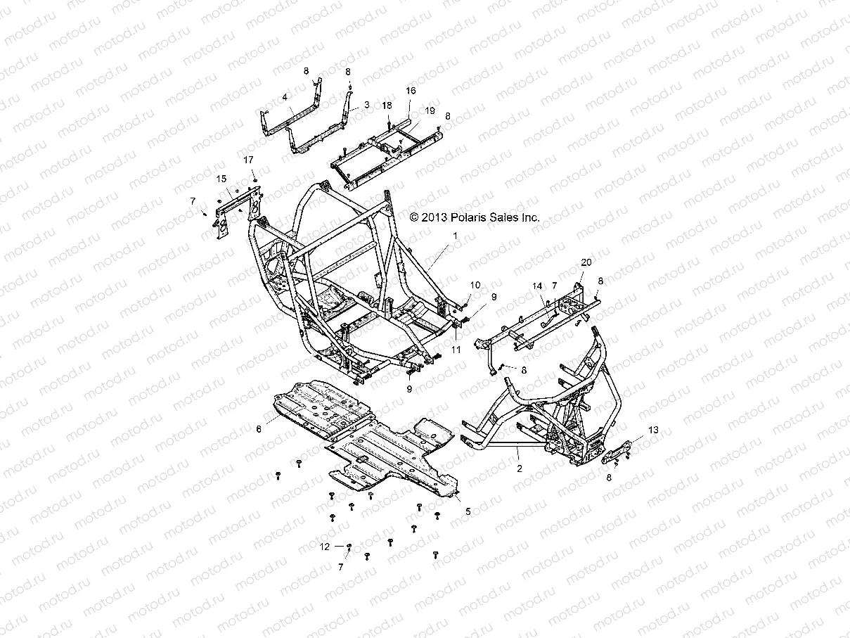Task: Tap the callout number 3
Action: [366, 104]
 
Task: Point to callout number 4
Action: [285, 98]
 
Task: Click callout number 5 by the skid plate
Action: [468, 511]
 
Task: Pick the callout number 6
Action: [258, 428]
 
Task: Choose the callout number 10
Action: [475, 285]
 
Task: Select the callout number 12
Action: [324, 546]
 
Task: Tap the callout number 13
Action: [654, 429]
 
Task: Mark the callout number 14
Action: [537, 286]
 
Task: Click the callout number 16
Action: [411, 91]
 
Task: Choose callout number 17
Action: [249, 160]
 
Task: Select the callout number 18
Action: [387, 106]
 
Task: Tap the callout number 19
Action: [430, 111]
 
